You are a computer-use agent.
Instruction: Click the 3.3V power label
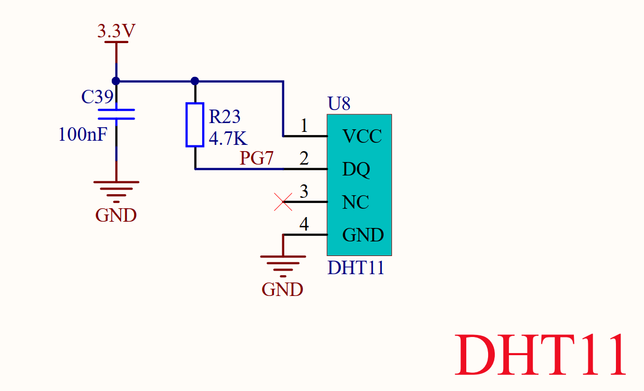(116, 32)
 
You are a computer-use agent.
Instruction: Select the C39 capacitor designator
(97, 97)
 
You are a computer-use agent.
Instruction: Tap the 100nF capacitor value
(83, 135)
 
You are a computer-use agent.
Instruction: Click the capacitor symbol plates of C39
(116, 114)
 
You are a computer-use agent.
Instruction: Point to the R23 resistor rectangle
(194, 125)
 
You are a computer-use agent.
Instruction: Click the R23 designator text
(225, 117)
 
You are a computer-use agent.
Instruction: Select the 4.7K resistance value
(228, 139)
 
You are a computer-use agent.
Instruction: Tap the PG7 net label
(256, 158)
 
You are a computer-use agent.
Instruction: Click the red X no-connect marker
(283, 201)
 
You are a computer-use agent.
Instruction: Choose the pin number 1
(304, 126)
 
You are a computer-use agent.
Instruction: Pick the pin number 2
(304, 159)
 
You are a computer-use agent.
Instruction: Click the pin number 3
(304, 192)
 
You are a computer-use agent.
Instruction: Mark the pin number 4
(304, 225)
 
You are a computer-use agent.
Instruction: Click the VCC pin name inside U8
(362, 137)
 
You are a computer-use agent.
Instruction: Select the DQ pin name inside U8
(356, 169)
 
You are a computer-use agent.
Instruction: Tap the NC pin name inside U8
(356, 203)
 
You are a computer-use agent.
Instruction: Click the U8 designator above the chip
(339, 104)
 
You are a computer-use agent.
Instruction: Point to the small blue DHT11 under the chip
(356, 268)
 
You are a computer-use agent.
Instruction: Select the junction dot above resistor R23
(195, 81)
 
